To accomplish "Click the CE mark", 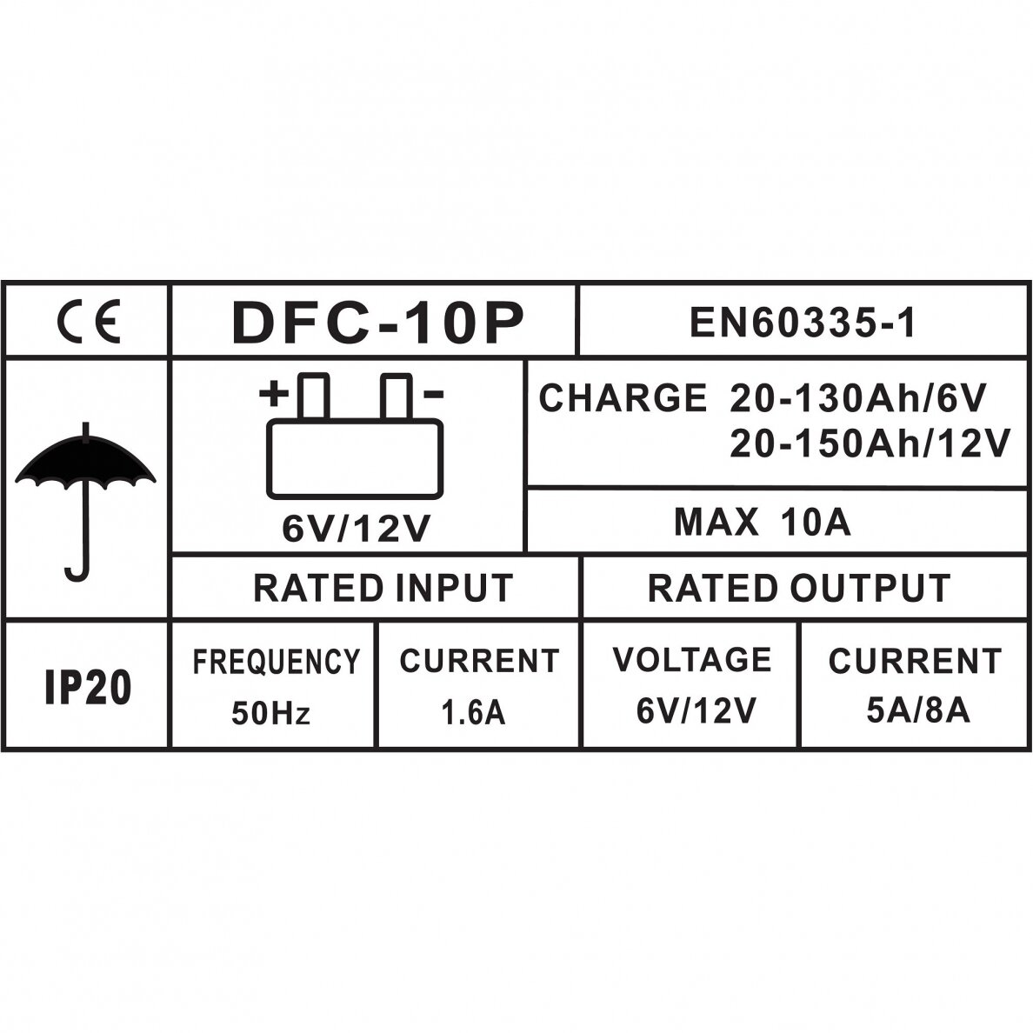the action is pos(89,323).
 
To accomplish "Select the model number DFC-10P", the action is pos(378,323).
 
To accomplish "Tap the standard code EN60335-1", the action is pos(803,323).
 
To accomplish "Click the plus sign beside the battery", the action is pos(274,395).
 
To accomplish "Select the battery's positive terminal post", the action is pos(313,397).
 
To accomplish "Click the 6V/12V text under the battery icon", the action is pos(356,528).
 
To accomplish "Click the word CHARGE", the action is pos(623,398).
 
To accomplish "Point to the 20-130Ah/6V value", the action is pos(857,398).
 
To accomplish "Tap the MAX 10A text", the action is pos(763,522).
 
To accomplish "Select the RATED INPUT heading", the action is pos(383,588).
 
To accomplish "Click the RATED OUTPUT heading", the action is pos(799,588).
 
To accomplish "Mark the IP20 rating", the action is pos(88,689).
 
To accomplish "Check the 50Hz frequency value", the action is pos(270,714).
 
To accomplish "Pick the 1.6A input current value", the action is pos(473,713).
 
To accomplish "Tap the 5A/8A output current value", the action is pos(918,711).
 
